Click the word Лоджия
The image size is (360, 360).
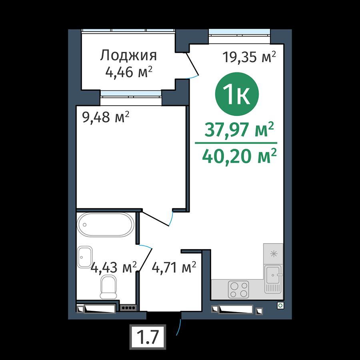pos(128,56)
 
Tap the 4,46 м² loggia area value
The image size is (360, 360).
pos(128,72)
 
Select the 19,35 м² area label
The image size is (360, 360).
pos(249,57)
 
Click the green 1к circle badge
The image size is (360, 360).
pos(237,94)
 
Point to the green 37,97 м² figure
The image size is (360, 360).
pos(239,129)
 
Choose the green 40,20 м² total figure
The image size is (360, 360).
pos(239,156)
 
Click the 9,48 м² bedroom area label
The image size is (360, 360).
pos(106,117)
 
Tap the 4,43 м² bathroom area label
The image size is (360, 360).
pos(114,268)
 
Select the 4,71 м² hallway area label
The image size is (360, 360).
pos(174,268)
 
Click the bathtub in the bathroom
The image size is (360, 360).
pos(106,225)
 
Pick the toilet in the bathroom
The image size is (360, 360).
pos(108,287)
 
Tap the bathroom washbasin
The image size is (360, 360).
pos(85,257)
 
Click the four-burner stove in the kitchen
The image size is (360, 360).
pos(238,290)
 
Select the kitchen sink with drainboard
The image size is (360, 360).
pos(273,279)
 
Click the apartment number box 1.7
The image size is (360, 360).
pos(148,337)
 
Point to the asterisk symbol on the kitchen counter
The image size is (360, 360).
pos(274,254)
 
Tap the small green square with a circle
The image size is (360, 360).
pos(280,305)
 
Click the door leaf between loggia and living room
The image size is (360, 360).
pos(192,64)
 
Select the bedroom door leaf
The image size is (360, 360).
pos(155,219)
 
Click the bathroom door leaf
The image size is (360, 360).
pos(145,260)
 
